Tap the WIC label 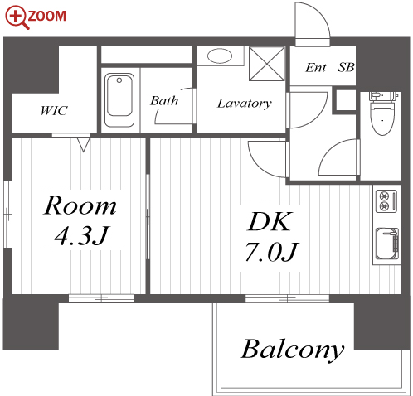pyautogui.click(x=54, y=110)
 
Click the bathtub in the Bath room pyautogui.click(x=119, y=100)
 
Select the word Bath pyautogui.click(x=164, y=101)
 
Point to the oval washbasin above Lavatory pyautogui.click(x=220, y=56)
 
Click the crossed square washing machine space pyautogui.click(x=267, y=64)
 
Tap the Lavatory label pyautogui.click(x=245, y=104)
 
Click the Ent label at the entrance pyautogui.click(x=315, y=67)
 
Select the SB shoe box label pyautogui.click(x=347, y=67)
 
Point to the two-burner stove pyautogui.click(x=386, y=201)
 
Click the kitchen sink pyautogui.click(x=387, y=244)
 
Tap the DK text pyautogui.click(x=270, y=222)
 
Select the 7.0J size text pyautogui.click(x=271, y=252)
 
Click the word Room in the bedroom pyautogui.click(x=80, y=205)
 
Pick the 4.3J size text pyautogui.click(x=81, y=236)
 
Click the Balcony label pyautogui.click(x=293, y=350)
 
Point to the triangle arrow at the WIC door pyautogui.click(x=84, y=144)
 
